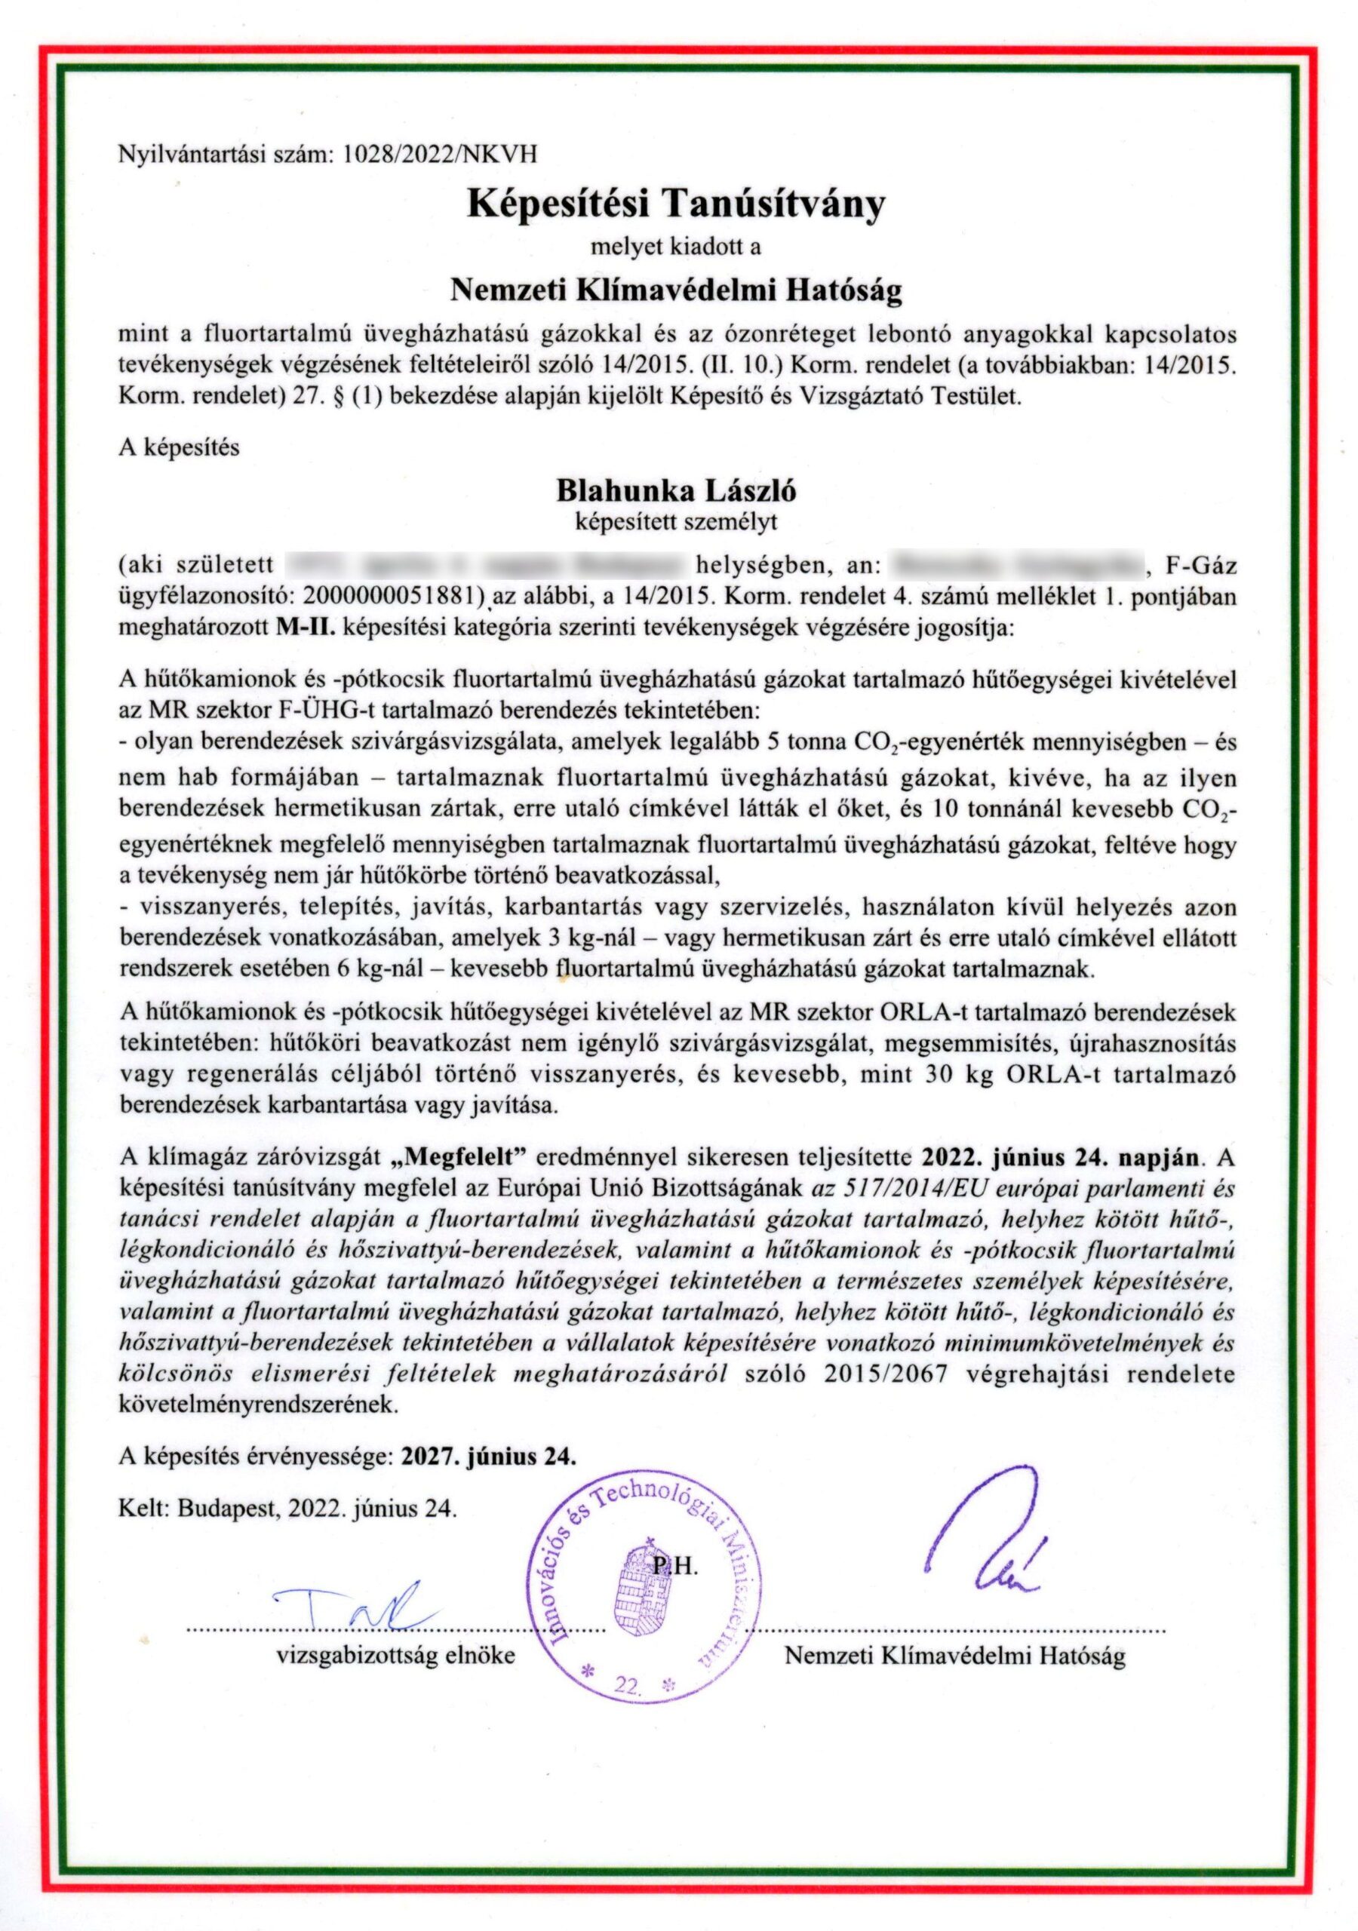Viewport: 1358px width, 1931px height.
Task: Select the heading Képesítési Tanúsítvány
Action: click(677, 204)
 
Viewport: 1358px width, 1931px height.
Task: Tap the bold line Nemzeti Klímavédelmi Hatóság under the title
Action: click(677, 291)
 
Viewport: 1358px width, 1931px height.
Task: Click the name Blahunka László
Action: click(676, 490)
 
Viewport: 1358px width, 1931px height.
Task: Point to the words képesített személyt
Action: click(676, 521)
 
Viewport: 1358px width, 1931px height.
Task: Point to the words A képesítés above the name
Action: click(180, 447)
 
